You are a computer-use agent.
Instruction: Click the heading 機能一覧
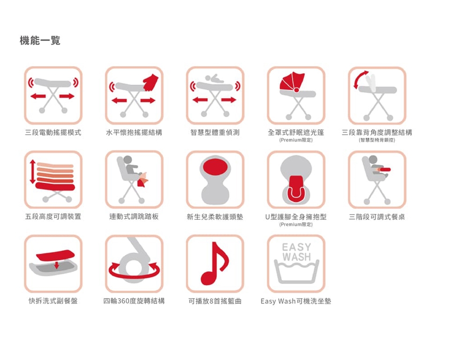tap(40, 40)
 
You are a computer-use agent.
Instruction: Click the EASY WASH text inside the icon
tap(296, 252)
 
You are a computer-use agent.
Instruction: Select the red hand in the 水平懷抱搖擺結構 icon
tap(151, 82)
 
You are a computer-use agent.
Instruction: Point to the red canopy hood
tap(292, 82)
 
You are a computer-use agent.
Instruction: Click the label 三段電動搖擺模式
tap(53, 133)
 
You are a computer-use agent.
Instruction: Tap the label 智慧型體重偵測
tap(215, 133)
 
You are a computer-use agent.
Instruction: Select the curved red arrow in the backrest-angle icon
tap(359, 78)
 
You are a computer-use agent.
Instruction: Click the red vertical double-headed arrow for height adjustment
tap(33, 172)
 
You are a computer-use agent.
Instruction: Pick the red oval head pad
tap(215, 167)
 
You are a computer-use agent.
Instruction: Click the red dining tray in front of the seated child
tap(384, 170)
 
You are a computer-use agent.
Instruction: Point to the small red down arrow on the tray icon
tap(57, 265)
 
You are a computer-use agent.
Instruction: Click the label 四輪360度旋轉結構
tap(134, 301)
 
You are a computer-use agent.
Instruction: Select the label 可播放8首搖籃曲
tap(215, 301)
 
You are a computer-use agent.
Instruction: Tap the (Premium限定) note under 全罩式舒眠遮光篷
tap(296, 140)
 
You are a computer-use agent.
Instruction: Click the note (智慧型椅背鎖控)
tap(377, 140)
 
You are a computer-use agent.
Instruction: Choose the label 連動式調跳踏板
tap(134, 217)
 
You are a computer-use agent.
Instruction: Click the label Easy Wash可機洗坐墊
tap(296, 301)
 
